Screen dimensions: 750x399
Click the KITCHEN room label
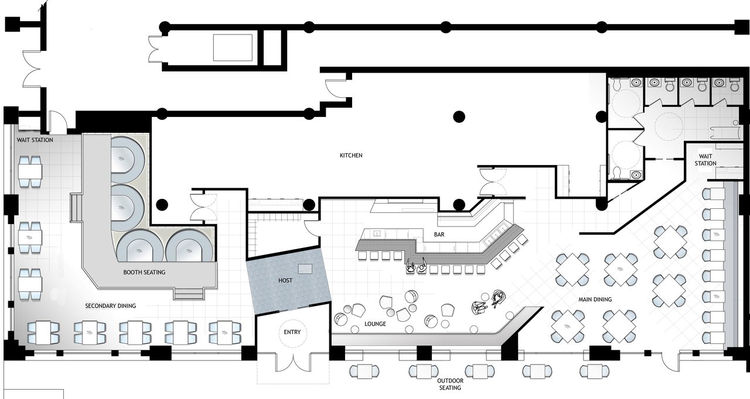click(x=351, y=156)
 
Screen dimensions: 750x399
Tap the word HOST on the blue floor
click(x=285, y=281)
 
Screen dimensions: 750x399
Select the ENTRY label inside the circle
click(x=292, y=332)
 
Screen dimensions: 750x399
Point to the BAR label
click(x=439, y=235)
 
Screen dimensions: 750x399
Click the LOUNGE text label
click(x=375, y=324)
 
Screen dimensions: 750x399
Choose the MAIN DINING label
click(x=595, y=300)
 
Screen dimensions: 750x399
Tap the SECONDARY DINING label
click(x=111, y=306)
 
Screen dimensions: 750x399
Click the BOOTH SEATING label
click(x=144, y=273)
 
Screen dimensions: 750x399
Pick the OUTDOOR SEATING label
click(x=451, y=384)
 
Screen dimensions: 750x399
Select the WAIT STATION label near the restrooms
click(x=705, y=160)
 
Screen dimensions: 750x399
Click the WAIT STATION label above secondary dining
click(x=35, y=140)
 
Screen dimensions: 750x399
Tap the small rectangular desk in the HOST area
click(x=305, y=269)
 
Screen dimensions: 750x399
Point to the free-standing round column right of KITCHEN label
click(x=459, y=116)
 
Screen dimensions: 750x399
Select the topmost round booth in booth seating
click(x=128, y=157)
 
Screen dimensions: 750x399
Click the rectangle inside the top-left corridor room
click(x=233, y=47)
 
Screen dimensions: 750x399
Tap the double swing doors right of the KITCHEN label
click(x=493, y=182)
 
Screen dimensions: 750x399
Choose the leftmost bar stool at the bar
click(x=363, y=256)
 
